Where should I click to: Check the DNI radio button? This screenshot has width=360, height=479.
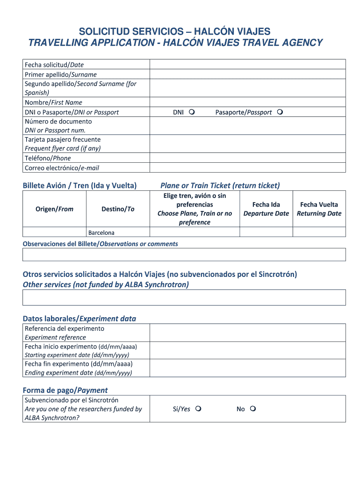tap(192, 112)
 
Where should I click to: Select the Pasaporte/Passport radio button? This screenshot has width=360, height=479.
tap(280, 112)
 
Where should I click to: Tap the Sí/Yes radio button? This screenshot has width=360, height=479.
tap(198, 409)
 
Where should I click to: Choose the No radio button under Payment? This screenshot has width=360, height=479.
tap(253, 409)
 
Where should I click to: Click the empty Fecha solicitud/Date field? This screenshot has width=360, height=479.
tap(247, 65)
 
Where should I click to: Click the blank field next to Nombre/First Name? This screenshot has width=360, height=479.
tap(247, 102)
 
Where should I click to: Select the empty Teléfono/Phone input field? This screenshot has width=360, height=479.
tap(247, 158)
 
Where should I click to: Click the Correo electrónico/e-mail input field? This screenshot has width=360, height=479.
tap(247, 168)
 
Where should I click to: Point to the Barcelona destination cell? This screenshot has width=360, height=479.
tap(118, 232)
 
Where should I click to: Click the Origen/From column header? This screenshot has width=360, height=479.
tap(55, 209)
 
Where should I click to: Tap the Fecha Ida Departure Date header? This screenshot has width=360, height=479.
tap(266, 209)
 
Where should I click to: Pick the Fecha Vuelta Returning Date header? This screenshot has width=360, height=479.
tap(319, 209)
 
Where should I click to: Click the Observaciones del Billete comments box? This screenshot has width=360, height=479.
tap(184, 254)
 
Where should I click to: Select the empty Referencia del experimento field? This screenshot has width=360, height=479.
tap(247, 333)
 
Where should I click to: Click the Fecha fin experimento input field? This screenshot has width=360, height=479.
tap(247, 368)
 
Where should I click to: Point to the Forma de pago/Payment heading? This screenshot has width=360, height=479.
tap(65, 390)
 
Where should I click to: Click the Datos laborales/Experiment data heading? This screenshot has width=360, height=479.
tap(79, 319)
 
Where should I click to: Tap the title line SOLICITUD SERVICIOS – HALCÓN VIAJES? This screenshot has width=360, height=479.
tap(174, 32)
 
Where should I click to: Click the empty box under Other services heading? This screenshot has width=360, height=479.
tap(184, 298)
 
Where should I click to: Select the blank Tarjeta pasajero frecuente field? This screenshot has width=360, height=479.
tap(247, 144)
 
